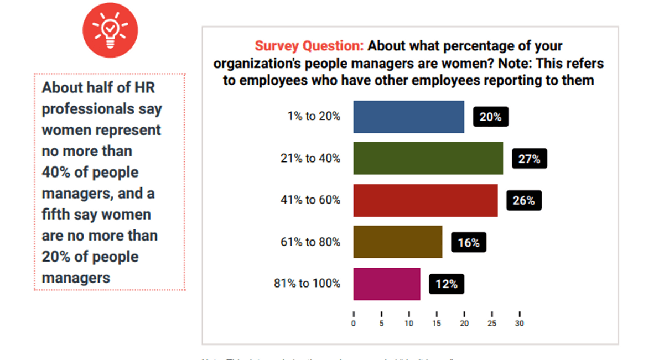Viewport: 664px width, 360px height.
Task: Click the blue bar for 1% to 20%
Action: tap(408, 117)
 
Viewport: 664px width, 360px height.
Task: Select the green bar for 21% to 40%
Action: tap(428, 158)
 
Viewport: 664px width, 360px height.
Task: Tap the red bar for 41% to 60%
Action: tap(425, 200)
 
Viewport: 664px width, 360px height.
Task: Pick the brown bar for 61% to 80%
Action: tap(397, 242)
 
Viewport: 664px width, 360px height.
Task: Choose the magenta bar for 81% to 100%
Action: tap(386, 284)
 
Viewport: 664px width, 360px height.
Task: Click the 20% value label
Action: tap(490, 117)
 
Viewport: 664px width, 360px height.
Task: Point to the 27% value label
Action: tap(529, 159)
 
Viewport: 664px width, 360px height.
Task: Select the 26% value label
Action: tap(523, 201)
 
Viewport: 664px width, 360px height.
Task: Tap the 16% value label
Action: tap(468, 242)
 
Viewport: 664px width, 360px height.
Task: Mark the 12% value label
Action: tap(446, 284)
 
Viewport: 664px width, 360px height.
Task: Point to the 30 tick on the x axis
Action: tap(520, 323)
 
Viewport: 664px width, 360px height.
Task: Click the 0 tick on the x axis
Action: tap(354, 323)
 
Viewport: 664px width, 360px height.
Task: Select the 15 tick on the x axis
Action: tap(437, 323)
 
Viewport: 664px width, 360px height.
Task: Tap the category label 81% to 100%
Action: tap(307, 284)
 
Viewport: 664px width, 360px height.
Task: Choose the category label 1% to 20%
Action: tap(314, 117)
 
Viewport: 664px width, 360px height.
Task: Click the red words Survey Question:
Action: tap(309, 46)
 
